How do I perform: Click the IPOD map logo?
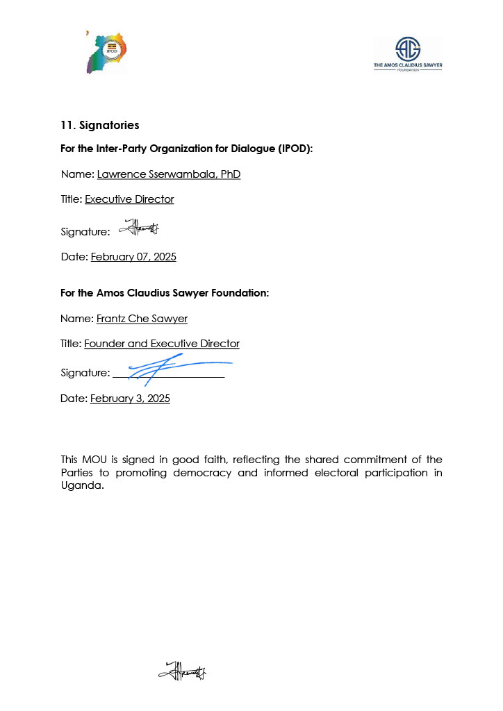(106, 53)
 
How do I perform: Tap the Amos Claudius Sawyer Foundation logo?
(408, 54)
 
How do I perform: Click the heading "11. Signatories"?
(100, 126)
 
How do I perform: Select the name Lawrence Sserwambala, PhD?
(169, 174)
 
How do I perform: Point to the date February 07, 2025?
(133, 257)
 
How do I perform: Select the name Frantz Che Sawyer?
(142, 319)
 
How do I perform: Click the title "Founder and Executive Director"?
(162, 344)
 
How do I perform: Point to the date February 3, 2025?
(130, 399)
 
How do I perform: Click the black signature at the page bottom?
(183, 671)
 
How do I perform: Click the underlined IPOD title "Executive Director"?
(129, 199)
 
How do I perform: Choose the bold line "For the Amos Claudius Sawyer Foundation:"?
(165, 293)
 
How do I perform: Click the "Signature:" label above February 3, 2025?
(85, 374)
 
